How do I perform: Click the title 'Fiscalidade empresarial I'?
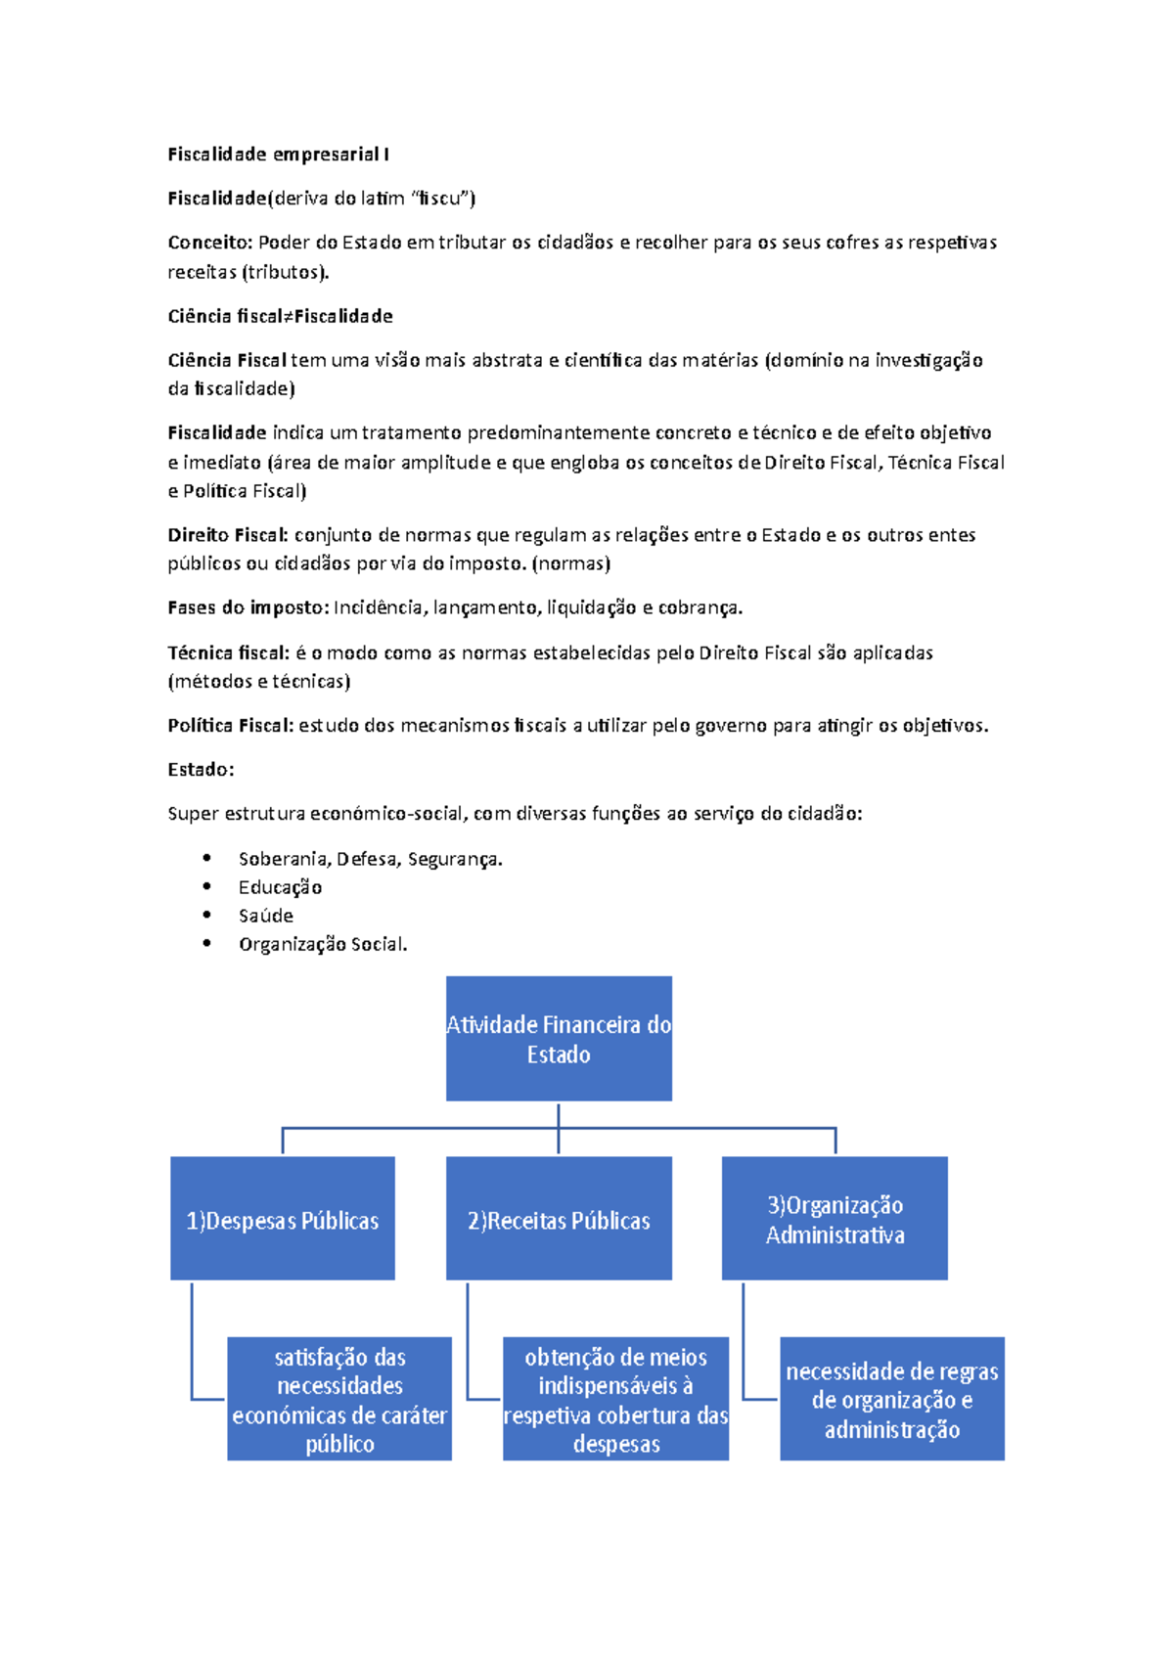[279, 155]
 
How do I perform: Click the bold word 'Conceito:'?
[210, 243]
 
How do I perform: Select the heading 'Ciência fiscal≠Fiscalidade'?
[280, 316]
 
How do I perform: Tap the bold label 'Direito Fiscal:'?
[228, 535]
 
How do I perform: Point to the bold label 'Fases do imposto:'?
[248, 607]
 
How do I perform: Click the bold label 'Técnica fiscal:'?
[229, 652]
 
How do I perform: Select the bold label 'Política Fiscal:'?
[231, 726]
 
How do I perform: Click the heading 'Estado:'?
[201, 770]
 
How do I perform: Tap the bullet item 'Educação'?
[280, 887]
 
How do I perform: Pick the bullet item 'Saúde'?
[266, 916]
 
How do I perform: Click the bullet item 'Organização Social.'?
[323, 944]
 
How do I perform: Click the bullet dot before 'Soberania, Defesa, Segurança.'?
[206, 858]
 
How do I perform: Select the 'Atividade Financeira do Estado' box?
[559, 1039]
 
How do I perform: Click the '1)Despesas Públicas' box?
[283, 1219]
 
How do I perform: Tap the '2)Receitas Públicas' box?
[559, 1219]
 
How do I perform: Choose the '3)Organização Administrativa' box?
[835, 1219]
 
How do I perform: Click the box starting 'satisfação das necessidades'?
[339, 1399]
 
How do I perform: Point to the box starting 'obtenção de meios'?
[615, 1399]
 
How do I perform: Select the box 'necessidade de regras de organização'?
[892, 1399]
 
